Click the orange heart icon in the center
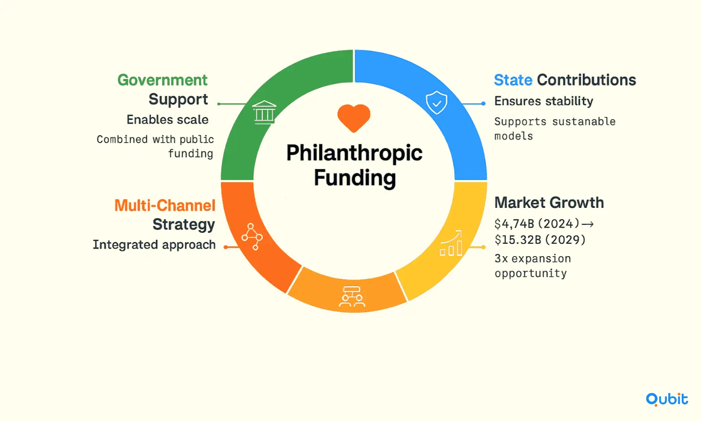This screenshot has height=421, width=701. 353,118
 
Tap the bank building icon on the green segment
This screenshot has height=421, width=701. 265,113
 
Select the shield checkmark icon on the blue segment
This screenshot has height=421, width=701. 436,102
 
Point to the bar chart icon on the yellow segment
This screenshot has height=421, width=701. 451,243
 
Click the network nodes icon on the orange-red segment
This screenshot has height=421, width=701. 252,237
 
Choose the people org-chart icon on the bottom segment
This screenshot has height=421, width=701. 352,296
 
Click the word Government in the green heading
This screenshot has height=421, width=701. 162,80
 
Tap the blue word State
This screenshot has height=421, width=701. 513,80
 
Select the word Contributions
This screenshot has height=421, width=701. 587,80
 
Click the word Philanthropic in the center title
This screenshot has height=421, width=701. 354,153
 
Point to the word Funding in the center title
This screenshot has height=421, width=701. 355,178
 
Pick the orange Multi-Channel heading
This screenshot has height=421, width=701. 165,206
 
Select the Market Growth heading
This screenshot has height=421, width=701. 549,203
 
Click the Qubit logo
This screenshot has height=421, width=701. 667,399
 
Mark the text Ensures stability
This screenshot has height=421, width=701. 544,101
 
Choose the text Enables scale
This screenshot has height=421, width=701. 167,120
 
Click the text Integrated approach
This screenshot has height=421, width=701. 154,245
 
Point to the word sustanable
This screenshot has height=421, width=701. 584,122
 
